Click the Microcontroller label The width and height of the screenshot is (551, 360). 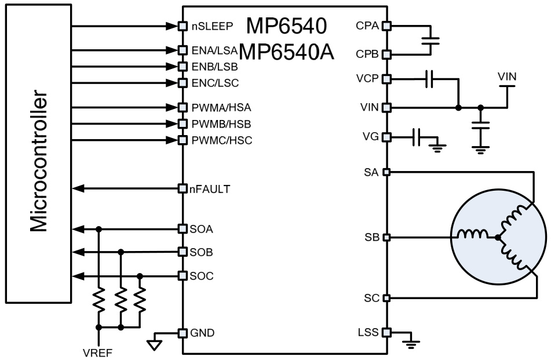point(39,161)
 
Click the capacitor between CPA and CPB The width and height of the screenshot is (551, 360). point(430,41)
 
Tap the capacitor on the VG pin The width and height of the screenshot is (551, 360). point(417,138)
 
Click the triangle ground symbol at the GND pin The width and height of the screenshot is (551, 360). point(154,344)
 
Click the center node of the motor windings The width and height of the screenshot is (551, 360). point(497,237)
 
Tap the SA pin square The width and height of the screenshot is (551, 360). point(386,172)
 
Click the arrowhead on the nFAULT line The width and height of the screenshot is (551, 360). point(78,188)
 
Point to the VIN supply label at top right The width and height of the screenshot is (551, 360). point(506,77)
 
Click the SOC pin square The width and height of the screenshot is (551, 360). point(182,275)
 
